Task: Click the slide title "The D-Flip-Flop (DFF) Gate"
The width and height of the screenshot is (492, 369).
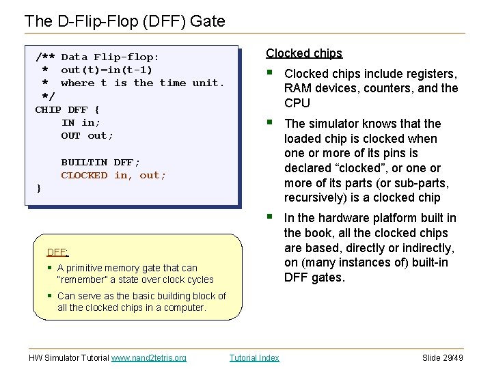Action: [124, 21]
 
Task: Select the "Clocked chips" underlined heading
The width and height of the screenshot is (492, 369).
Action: [304, 53]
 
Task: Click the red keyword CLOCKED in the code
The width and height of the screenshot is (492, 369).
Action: [84, 175]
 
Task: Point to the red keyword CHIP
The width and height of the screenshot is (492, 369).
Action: [48, 109]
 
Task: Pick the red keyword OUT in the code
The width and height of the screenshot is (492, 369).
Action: [70, 135]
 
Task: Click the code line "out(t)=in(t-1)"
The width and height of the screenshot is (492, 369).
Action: [107, 70]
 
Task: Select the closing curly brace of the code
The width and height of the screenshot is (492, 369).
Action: [39, 188]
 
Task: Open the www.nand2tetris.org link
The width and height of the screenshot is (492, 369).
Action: [148, 357]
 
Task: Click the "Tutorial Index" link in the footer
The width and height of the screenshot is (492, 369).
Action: [254, 357]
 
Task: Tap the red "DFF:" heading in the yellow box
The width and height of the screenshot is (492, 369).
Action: [57, 251]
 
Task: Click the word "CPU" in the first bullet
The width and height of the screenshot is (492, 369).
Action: [297, 103]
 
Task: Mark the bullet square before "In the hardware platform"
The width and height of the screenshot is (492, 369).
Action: [271, 217]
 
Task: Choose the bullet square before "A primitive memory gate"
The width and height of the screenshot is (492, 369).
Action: [50, 268]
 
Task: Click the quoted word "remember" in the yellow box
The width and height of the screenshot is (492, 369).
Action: [82, 279]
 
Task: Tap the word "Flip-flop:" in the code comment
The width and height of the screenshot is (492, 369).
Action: [126, 57]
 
